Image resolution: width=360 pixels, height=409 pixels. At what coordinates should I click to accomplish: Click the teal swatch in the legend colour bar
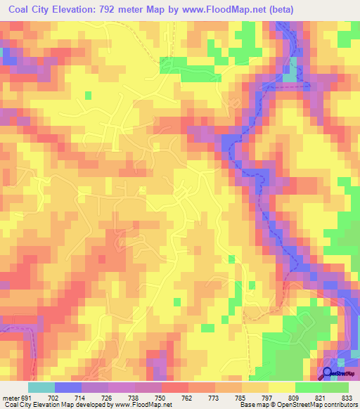[41, 388]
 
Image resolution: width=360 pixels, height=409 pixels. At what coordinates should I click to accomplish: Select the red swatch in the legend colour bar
[174, 388]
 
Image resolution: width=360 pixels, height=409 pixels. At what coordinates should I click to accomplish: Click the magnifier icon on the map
[328, 373]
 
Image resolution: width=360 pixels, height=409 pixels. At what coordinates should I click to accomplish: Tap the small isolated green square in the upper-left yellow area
[88, 94]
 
